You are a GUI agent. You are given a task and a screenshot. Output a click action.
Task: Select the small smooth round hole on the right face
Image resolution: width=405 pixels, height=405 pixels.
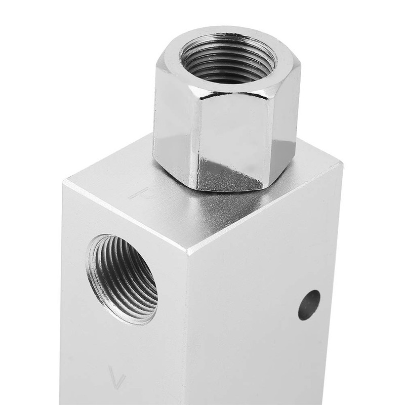[x=309, y=305]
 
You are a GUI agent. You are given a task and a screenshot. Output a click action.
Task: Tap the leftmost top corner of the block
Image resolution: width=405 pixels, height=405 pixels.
[x=65, y=180]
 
